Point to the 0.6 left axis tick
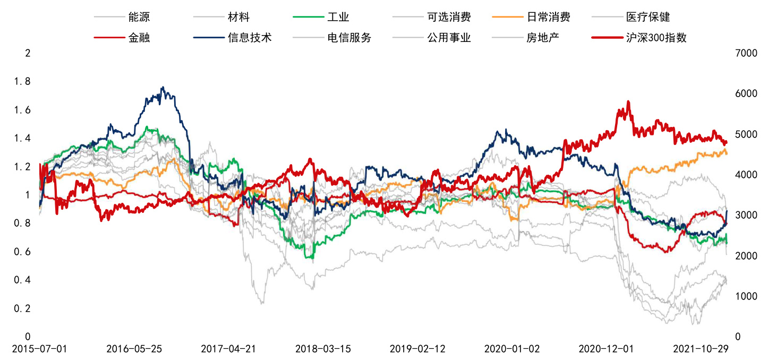(x=23, y=252)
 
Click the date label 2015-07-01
(x=40, y=349)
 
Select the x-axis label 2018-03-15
(x=323, y=349)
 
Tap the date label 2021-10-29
(x=701, y=349)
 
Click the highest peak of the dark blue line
(x=163, y=88)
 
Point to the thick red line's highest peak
(x=628, y=101)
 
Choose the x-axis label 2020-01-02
(x=512, y=349)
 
